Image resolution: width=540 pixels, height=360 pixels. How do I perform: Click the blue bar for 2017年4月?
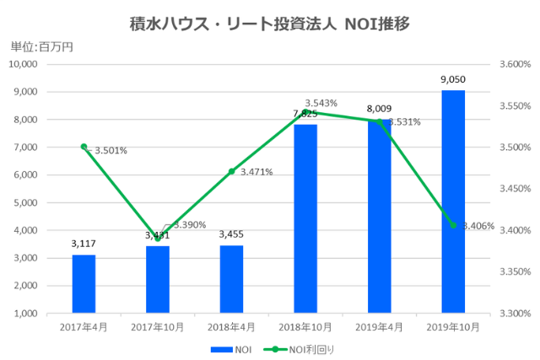click(x=84, y=283)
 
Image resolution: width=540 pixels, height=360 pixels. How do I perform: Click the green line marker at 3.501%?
click(x=84, y=147)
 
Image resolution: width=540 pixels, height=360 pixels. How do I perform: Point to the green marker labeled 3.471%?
click(x=231, y=171)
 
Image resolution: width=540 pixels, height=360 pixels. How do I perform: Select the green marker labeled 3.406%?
click(x=453, y=225)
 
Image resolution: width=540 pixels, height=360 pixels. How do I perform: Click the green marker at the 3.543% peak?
click(x=305, y=112)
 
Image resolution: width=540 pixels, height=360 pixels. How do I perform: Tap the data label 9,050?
click(x=453, y=79)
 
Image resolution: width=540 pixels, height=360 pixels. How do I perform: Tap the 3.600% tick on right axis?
click(x=513, y=64)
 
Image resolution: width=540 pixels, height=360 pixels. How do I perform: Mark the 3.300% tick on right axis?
click(x=513, y=313)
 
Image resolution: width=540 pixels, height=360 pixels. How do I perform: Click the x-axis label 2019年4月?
click(x=379, y=325)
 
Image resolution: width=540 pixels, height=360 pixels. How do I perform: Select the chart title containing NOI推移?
click(x=270, y=24)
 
